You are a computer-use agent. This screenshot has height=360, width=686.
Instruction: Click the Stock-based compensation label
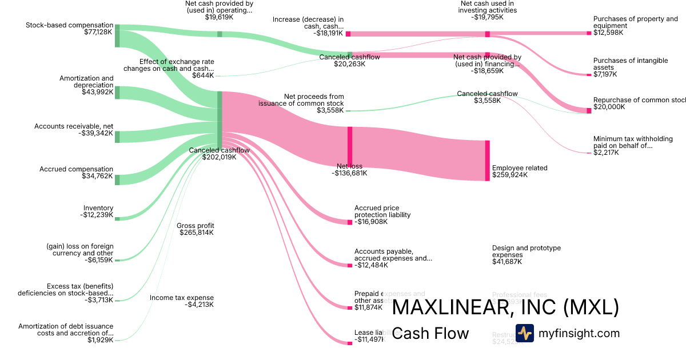pos(69,25)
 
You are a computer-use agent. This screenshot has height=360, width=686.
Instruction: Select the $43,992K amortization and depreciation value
pos(97,92)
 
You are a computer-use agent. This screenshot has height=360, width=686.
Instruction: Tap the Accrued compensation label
pos(76,169)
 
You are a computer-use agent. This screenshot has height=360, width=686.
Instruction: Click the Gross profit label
pos(196,226)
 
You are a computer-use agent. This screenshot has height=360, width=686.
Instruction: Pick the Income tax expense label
pos(182,298)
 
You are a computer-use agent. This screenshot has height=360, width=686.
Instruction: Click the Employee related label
pos(520,168)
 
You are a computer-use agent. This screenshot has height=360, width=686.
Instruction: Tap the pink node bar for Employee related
pos(487,161)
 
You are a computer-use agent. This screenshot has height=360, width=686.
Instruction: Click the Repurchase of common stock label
pos(639,100)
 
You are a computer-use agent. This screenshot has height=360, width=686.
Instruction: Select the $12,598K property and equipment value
pos(608,33)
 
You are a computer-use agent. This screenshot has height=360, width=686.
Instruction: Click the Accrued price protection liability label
pos(382,211)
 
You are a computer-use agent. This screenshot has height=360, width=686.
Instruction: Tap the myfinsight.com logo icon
pos(524,333)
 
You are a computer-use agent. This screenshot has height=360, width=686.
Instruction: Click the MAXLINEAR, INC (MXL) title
pos(505,307)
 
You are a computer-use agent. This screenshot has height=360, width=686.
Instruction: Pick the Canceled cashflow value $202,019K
pos(219,157)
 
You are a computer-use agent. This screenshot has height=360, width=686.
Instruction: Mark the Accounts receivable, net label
pos(74,126)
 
